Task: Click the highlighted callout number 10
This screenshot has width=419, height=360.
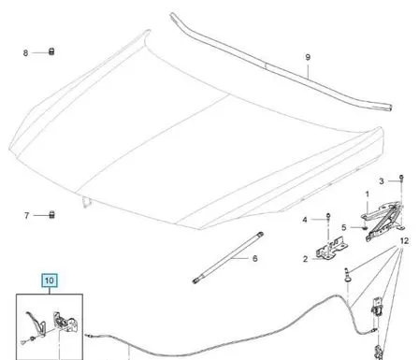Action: [50, 281]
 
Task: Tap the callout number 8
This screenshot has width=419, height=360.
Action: [25, 53]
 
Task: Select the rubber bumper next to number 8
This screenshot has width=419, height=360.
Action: [51, 51]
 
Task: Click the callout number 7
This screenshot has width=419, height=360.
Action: [27, 215]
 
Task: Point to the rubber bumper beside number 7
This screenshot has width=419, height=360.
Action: [51, 214]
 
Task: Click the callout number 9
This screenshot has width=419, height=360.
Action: [308, 57]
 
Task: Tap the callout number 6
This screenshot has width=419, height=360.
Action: [255, 258]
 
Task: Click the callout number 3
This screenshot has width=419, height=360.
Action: [382, 181]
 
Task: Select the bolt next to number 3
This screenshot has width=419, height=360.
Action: [401, 179]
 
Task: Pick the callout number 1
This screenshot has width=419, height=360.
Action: [367, 194]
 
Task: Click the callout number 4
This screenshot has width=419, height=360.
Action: [305, 220]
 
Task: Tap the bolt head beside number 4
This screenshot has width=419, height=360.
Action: [328, 215]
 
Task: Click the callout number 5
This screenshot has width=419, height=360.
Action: [344, 227]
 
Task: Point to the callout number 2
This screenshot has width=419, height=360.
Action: [305, 259]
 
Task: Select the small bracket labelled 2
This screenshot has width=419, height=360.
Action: [331, 250]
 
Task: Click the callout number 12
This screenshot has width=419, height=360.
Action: [404, 241]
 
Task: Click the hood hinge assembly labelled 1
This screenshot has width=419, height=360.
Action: [383, 221]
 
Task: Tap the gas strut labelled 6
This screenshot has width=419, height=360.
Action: [228, 258]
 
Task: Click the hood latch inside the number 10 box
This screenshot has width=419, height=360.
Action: [64, 322]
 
